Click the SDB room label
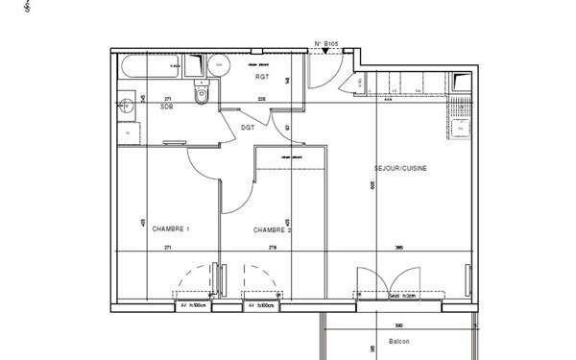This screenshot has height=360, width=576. pyautogui.click(x=166, y=108)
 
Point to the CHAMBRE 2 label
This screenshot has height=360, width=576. pyautogui.click(x=272, y=230)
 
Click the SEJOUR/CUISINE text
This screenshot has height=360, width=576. pyautogui.click(x=400, y=168)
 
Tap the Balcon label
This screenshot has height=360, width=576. pyautogui.click(x=399, y=342)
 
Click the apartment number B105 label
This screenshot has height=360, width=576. pyautogui.click(x=328, y=43)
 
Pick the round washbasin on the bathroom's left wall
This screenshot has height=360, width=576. pyautogui.click(x=124, y=106)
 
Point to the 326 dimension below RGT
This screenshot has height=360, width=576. pyautogui.click(x=260, y=99)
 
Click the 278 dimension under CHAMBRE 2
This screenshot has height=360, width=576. pyautogui.click(x=273, y=249)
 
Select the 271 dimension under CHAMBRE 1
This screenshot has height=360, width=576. pyautogui.click(x=168, y=249)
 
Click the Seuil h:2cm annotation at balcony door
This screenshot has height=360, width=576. pyautogui.click(x=401, y=296)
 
